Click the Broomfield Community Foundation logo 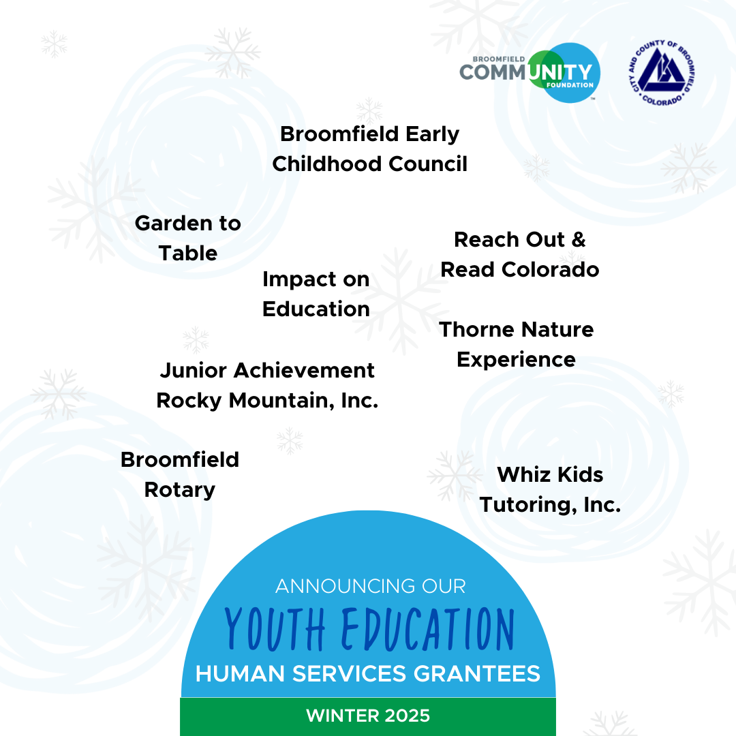[530, 73]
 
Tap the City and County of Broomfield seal [662, 73]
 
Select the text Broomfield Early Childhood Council [370, 149]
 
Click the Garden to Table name [188, 238]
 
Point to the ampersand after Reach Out [579, 239]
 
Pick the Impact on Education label [316, 294]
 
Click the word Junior [194, 370]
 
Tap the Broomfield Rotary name [180, 474]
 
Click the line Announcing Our [370, 586]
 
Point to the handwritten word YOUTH [275, 628]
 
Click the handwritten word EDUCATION [428, 628]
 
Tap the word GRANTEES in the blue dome [477, 673]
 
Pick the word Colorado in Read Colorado [550, 270]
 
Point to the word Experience [517, 361]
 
